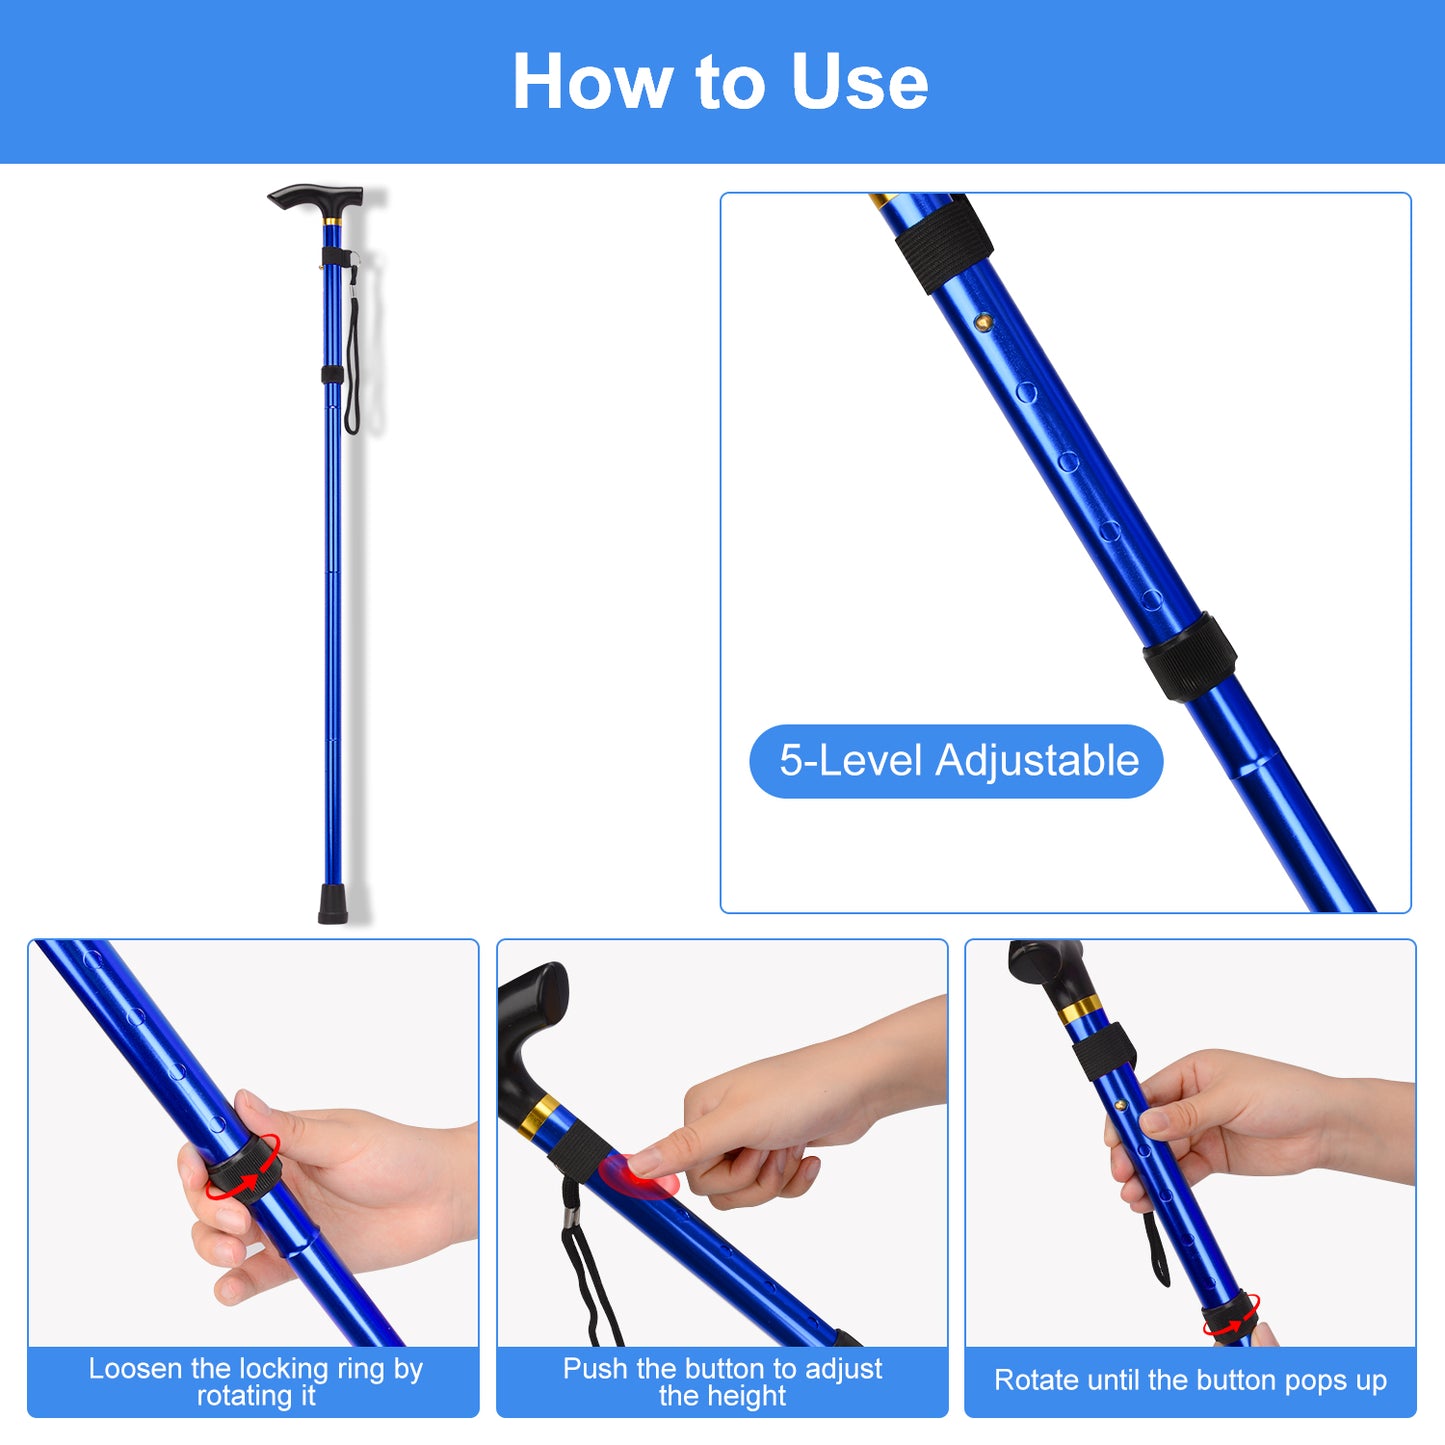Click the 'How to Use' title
(720, 82)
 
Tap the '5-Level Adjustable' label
(957, 761)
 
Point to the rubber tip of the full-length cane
(333, 902)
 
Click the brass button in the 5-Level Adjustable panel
(984, 322)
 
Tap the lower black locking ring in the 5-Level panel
(1189, 656)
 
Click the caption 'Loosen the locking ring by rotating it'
(255, 1381)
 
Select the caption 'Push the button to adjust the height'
(722, 1381)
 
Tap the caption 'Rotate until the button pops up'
(1190, 1380)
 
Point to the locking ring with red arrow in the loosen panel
(244, 1168)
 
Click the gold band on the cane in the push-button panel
(540, 1115)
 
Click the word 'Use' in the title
(859, 82)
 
